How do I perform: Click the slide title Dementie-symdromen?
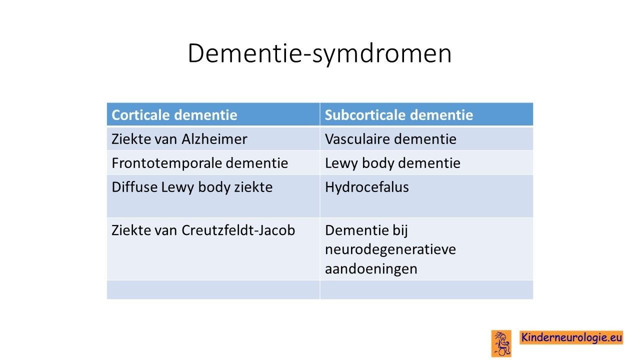pos(319,53)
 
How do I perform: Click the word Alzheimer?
pos(214,139)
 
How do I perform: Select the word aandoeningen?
pos(371,269)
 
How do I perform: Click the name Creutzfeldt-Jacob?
pos(238,230)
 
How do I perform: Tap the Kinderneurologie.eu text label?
pos(571,337)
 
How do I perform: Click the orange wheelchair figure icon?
pos(501,343)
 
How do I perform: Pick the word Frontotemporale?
pos(166,163)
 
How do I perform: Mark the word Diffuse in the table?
pos(134,187)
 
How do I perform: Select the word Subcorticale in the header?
pos(365,115)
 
